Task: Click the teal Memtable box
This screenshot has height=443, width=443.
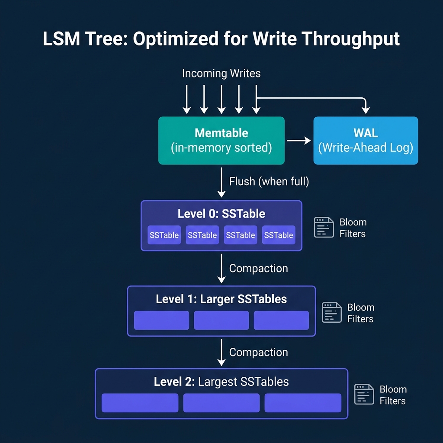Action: (221, 141)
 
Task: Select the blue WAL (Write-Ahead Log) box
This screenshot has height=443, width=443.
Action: (366, 141)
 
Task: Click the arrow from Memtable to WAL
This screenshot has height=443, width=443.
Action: (299, 141)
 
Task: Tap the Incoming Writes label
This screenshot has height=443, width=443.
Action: (221, 74)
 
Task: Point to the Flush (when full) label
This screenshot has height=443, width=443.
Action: (269, 182)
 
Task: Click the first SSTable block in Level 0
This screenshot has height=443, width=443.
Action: (164, 235)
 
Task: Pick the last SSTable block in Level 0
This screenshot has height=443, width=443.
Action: (279, 235)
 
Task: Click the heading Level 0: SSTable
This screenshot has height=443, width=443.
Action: (221, 214)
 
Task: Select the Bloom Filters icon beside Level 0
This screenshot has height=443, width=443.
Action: (324, 228)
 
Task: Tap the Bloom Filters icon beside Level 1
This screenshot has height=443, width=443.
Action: (332, 312)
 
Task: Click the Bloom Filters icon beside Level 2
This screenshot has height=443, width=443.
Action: (364, 395)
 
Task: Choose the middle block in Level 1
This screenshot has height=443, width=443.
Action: (221, 320)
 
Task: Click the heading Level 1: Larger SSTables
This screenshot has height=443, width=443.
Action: (221, 299)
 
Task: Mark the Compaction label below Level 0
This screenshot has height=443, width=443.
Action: (258, 269)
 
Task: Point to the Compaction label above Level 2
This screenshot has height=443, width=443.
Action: (258, 353)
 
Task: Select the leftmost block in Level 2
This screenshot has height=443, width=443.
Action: (140, 403)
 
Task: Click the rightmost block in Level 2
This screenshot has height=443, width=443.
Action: (303, 403)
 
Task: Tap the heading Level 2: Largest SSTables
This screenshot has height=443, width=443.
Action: (221, 382)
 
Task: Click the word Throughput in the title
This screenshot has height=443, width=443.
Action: (350, 39)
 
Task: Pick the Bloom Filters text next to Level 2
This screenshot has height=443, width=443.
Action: (393, 395)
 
